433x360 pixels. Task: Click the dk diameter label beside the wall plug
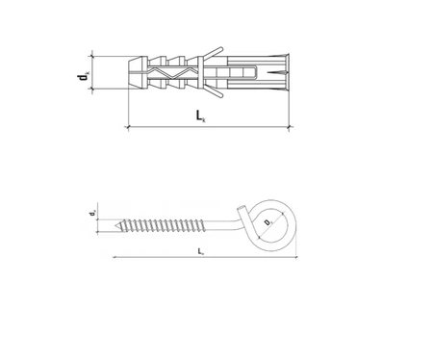click(84, 70)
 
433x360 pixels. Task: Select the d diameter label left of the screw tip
click(92, 213)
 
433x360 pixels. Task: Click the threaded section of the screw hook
click(168, 228)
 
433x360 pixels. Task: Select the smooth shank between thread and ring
click(231, 227)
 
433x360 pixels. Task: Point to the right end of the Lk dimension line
click(290, 127)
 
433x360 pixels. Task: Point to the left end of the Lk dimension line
click(128, 127)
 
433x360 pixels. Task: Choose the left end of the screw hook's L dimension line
click(114, 258)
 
